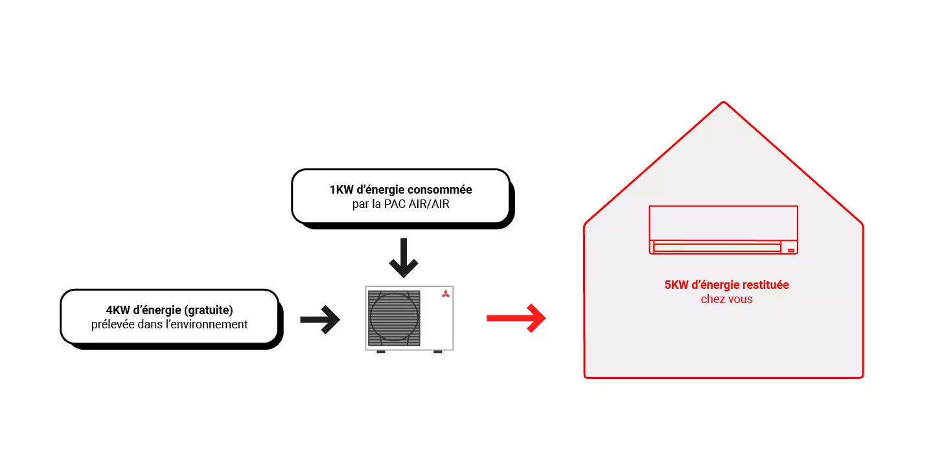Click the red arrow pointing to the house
[516, 318]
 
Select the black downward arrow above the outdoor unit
[404, 258]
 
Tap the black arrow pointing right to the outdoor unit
[320, 319]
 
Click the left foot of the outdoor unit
[381, 352]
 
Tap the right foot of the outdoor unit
[437, 352]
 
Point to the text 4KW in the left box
[119, 310]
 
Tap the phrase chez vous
[726, 299]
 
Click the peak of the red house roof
[723, 103]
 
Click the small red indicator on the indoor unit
[790, 249]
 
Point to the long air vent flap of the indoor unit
[717, 247]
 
